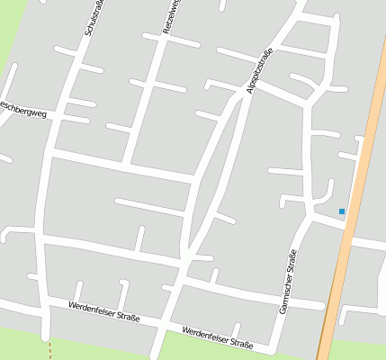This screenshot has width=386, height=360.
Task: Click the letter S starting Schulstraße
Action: [x=87, y=32]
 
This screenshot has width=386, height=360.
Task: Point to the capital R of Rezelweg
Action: [x=166, y=32]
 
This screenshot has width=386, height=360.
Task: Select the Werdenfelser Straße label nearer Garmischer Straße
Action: [x=217, y=336]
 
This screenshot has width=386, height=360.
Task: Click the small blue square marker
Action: [x=342, y=211]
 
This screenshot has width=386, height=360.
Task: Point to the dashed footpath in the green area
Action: [x=52, y=346]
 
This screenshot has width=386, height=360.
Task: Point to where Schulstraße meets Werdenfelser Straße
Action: [x=42, y=300]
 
